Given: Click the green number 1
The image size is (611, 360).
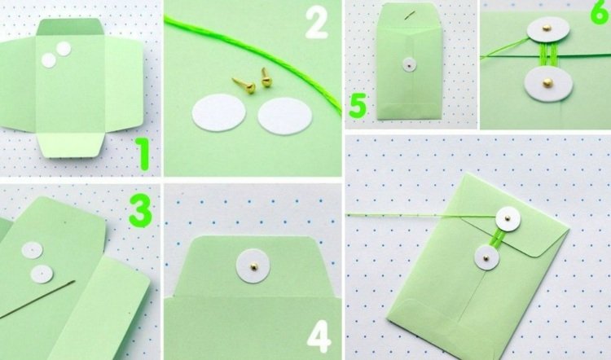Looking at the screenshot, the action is coord(143,155).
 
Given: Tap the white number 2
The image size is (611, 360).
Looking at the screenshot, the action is coord(317,24).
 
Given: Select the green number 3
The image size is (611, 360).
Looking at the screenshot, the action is coord(140,213).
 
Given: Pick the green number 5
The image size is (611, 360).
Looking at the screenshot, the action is coord(358,106).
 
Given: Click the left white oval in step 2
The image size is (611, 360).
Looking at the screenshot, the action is coord(219,113).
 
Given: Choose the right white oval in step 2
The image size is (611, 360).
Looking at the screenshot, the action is coord(285,116).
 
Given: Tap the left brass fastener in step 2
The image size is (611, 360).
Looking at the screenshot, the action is coord(244,84).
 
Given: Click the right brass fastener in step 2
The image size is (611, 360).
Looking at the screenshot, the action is coord(266,77).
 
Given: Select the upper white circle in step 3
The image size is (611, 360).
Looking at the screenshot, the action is coord(32,250).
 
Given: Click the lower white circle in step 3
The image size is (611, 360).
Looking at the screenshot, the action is coord(42,274).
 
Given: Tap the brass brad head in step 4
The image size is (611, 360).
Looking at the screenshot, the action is coord(253,266).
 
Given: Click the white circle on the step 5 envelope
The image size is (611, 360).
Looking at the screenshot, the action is coord(409,65).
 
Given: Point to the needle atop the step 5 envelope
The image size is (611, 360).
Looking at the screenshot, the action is coord(410,15).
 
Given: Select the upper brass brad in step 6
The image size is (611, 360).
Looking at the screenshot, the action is coord(547,28).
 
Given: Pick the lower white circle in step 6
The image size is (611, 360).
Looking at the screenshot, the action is coord(548,82).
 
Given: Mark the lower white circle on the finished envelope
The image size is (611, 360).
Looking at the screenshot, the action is coord(487,257).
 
